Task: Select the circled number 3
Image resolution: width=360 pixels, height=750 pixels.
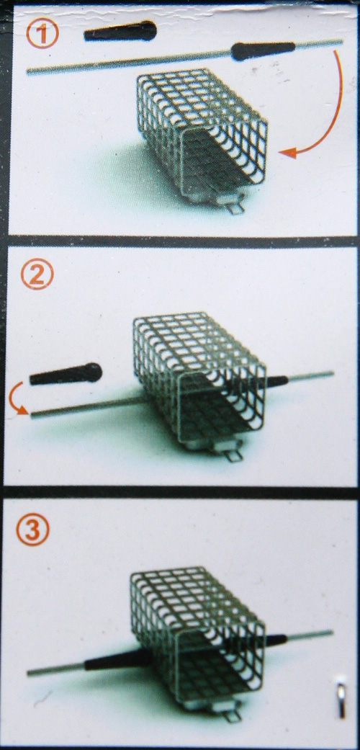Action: (x=33, y=532)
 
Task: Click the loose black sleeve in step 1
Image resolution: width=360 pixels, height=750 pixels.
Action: (x=120, y=32)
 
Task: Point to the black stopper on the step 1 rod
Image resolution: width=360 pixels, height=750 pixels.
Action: (x=263, y=50)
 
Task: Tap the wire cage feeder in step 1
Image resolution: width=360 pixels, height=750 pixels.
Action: (x=202, y=132)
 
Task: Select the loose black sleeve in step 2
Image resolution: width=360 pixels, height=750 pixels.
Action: (x=66, y=374)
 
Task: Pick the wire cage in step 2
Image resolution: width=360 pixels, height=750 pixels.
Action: (x=199, y=378)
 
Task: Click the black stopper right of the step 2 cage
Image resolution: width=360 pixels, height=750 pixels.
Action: (x=276, y=380)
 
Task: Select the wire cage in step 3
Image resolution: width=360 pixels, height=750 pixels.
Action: (x=197, y=633)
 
